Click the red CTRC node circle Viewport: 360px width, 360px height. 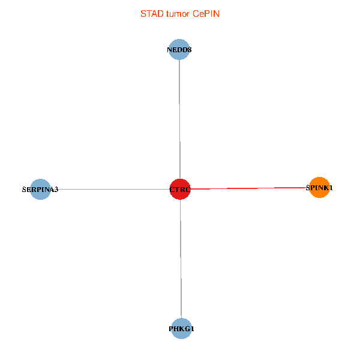179,189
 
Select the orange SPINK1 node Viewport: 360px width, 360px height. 319,187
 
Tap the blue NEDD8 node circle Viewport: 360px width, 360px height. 179,50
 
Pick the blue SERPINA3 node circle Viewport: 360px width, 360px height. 40,189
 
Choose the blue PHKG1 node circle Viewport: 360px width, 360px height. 181,328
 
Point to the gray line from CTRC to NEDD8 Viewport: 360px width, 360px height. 179,120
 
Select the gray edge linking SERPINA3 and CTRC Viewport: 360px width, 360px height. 108,189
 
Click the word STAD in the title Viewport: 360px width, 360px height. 151,14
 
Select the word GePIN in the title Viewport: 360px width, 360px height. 206,14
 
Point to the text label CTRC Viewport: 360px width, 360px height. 179,190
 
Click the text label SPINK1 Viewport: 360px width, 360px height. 319,188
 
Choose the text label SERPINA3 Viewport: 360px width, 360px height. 40,190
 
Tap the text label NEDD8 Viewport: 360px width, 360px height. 179,50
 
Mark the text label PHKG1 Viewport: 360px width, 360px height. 181,329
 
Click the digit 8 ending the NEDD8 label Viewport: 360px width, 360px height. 190,50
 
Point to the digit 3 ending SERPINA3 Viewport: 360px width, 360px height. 56,190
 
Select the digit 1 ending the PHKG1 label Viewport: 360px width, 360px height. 192,329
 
